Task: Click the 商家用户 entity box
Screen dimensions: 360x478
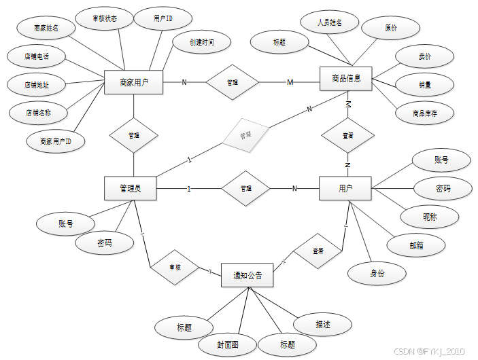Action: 133,84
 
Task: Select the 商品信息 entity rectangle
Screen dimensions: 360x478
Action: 346,79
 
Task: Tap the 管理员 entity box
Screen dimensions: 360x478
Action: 130,188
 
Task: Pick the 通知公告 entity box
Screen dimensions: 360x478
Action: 247,275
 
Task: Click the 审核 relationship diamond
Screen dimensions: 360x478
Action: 174,266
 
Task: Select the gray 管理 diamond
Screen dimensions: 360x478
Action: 245,134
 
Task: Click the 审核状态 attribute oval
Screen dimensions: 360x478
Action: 105,18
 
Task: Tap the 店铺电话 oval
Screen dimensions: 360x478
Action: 36,56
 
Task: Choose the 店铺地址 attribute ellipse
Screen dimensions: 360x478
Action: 36,85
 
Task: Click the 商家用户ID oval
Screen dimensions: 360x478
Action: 56,141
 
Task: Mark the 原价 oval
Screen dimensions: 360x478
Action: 390,29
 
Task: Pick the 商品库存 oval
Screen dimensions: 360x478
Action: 425,113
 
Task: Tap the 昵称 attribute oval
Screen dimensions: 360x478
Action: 430,217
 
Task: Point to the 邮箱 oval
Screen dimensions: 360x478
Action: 416,245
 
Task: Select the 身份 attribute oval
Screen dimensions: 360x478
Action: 377,273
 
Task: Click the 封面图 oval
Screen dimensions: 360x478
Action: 227,344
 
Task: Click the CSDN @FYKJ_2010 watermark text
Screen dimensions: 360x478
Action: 429,350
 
